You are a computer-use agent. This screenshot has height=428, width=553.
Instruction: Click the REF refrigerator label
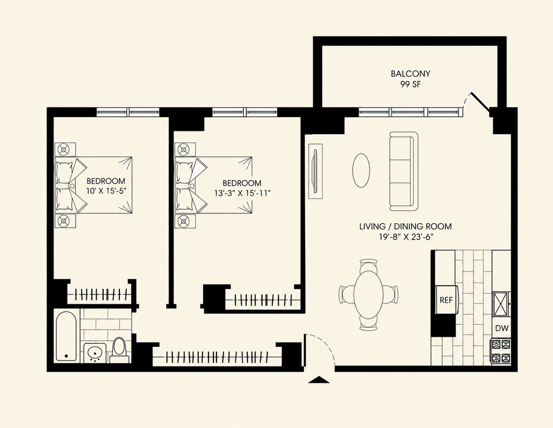[x=446, y=300]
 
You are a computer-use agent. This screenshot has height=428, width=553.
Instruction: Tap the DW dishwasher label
[x=502, y=328]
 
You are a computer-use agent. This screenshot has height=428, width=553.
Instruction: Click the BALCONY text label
[x=410, y=73]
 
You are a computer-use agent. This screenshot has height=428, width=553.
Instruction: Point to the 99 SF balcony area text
[x=410, y=84]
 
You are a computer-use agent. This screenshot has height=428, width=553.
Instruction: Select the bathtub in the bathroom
[x=66, y=336]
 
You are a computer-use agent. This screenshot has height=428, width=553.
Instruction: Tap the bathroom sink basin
[x=95, y=352]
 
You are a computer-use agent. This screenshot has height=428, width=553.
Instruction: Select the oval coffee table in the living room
[x=361, y=170]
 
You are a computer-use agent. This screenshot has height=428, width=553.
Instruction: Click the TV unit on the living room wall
[x=315, y=171]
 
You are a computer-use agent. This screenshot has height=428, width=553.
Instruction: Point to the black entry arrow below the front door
[x=319, y=380]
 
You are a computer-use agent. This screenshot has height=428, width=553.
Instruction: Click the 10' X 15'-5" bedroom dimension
[x=106, y=191]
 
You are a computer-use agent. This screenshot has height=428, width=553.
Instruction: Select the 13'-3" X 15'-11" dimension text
[x=242, y=193]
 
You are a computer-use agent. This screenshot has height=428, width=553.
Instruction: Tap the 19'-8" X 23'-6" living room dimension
[x=406, y=237]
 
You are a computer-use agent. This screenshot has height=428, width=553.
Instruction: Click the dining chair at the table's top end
[x=368, y=264]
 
